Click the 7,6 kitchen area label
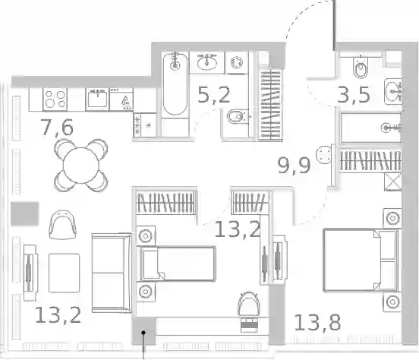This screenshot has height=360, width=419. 57,128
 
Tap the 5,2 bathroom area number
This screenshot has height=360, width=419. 214,95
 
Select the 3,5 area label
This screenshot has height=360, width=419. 354,94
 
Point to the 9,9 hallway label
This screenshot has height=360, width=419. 295,166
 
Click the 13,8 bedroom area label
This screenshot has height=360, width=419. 317,322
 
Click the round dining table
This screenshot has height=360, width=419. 81,166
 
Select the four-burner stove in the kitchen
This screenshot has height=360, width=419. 55,99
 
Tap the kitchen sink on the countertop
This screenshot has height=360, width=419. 97,99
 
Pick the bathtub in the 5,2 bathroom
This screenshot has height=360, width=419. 175,84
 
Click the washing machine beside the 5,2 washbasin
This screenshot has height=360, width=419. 237,63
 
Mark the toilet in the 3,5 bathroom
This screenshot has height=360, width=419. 361,67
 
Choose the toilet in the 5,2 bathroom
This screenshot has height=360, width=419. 238,117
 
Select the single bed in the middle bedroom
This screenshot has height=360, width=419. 176,264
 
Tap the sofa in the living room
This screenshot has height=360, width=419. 112,273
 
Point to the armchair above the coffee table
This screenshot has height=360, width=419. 63,225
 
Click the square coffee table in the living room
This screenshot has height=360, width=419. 64,273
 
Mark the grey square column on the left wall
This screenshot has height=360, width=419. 24,213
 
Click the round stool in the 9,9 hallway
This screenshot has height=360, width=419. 323,154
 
